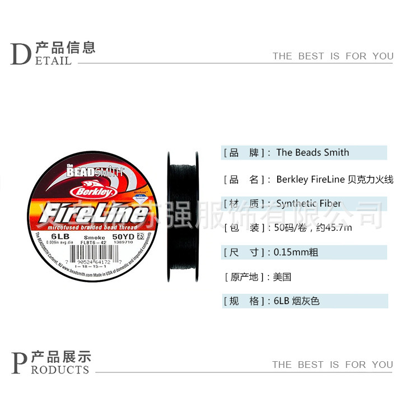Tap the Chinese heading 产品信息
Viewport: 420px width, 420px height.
tap(65, 46)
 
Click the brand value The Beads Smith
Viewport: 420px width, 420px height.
tap(312, 152)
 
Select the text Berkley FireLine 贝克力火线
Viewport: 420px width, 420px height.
tap(335, 180)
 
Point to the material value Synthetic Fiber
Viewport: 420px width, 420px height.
tap(309, 204)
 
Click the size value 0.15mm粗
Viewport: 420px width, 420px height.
tap(297, 252)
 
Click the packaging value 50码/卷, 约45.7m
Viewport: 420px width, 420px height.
tap(314, 228)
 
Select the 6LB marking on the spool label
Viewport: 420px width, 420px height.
tap(58, 237)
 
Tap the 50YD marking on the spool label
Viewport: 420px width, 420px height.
tap(123, 237)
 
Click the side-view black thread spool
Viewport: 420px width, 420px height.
tap(182, 216)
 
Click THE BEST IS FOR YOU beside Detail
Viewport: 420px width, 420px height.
tap(333, 56)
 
